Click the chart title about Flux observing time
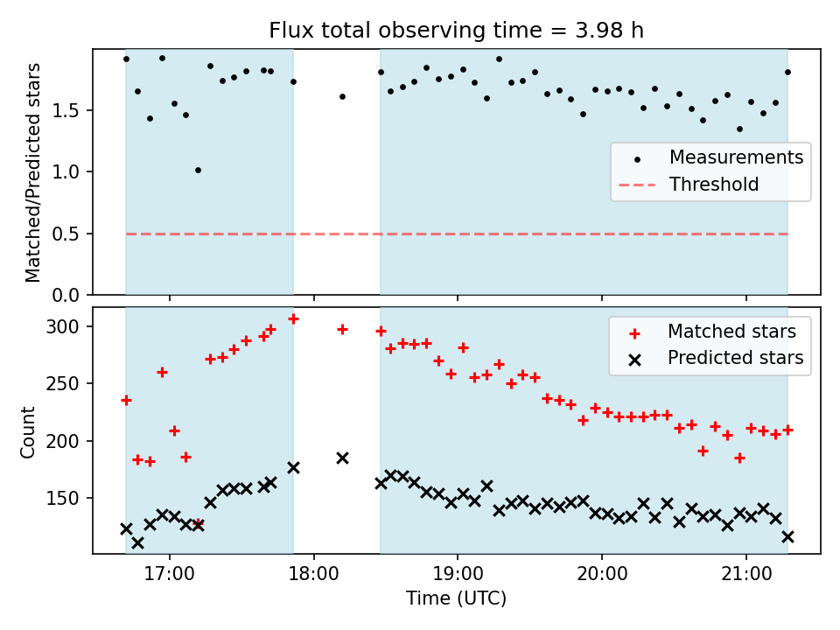pos(456,31)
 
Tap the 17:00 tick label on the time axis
pos(169,577)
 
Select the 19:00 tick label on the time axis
pos(457,577)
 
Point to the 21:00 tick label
pos(745,577)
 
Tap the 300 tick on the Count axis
pos(70,326)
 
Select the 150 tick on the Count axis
pos(70,498)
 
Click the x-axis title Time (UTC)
pos(456,599)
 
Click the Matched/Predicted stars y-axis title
pos(32,172)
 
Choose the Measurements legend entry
pos(736,158)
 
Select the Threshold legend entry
pos(714,185)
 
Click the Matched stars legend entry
pos(731,332)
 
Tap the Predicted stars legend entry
pos(735,357)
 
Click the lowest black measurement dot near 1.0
pos(198,170)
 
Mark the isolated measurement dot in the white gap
pos(342,96)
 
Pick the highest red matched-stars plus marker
pos(294,318)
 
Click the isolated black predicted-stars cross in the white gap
pos(342,458)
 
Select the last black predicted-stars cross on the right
pos(787,536)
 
